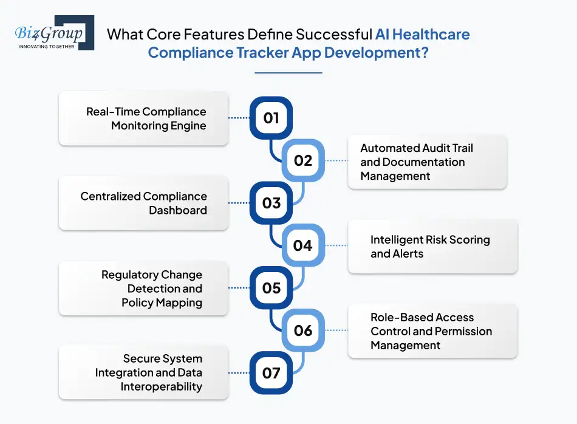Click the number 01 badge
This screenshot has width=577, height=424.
click(271, 118)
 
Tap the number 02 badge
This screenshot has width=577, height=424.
click(303, 160)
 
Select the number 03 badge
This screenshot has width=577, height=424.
click(271, 203)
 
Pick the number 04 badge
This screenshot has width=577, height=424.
click(303, 245)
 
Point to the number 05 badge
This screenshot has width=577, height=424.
click(271, 288)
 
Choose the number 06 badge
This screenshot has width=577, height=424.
click(303, 330)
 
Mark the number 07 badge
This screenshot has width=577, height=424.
click(271, 372)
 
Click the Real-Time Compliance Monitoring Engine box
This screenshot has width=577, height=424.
click(144, 118)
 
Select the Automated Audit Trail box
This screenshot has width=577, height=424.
click(427, 162)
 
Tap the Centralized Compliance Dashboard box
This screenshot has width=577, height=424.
click(144, 203)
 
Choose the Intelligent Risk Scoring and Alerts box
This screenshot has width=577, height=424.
click(432, 247)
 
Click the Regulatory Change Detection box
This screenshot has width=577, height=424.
click(144, 289)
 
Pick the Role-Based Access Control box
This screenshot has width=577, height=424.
click(432, 331)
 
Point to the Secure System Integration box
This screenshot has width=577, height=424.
click(144, 373)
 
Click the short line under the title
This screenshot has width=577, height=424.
click(288, 73)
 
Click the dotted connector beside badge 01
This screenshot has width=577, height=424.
click(239, 118)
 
